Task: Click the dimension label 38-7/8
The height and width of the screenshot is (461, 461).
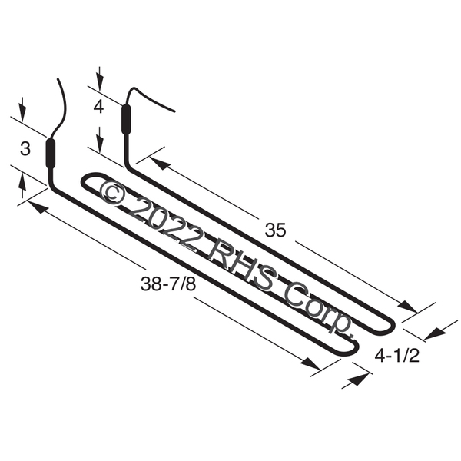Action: tap(167, 284)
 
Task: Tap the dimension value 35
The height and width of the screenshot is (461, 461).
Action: tap(275, 230)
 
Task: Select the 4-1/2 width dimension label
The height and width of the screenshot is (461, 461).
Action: tap(396, 356)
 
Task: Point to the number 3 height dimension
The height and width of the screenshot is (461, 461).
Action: tap(25, 148)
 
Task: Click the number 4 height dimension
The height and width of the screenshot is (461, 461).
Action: tap(98, 107)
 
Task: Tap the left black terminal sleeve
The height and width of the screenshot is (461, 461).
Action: tap(51, 153)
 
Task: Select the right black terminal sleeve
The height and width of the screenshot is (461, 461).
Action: tap(127, 119)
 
